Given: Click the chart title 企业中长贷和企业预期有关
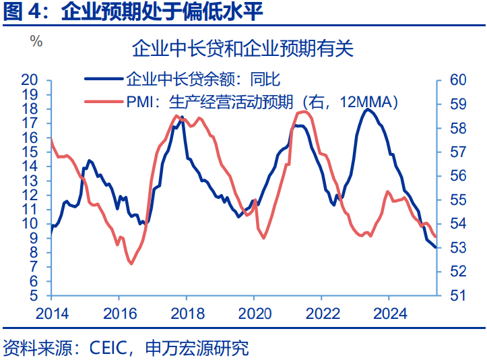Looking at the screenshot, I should click(x=242, y=50).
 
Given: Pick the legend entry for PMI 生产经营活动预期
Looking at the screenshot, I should click(x=262, y=102).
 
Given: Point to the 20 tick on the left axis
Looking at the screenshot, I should click(x=29, y=80).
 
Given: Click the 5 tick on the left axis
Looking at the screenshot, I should click(x=33, y=296).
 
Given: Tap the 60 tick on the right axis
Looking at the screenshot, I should click(x=458, y=80).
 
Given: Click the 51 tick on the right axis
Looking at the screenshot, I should click(x=458, y=295).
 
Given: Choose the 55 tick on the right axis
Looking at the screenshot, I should click(x=458, y=200).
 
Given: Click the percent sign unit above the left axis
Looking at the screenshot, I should click(x=36, y=41).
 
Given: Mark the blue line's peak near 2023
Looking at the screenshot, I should click(x=367, y=109).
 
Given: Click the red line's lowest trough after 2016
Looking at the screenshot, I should click(x=130, y=264).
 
